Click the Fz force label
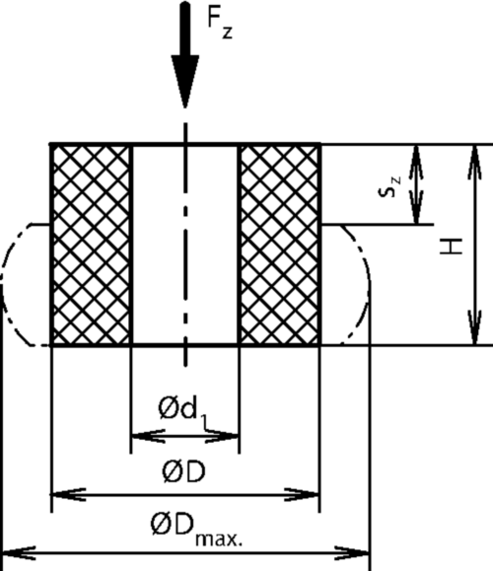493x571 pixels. (220, 23)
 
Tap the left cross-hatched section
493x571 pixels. (91, 245)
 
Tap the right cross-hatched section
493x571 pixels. (279, 245)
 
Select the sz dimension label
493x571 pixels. (389, 186)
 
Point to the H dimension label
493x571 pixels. (452, 247)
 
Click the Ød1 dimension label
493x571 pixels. (183, 409)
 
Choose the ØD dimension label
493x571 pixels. (183, 471)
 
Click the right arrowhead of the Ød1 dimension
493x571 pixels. (222, 435)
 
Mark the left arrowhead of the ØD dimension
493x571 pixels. (68, 494)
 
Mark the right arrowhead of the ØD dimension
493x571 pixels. (302, 494)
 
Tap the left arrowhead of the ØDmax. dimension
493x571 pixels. (18, 553)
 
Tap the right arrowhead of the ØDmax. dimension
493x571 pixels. (352, 553)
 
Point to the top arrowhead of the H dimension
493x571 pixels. (474, 163)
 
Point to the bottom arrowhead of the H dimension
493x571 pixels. (474, 327)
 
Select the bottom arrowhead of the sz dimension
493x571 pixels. (416, 206)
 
